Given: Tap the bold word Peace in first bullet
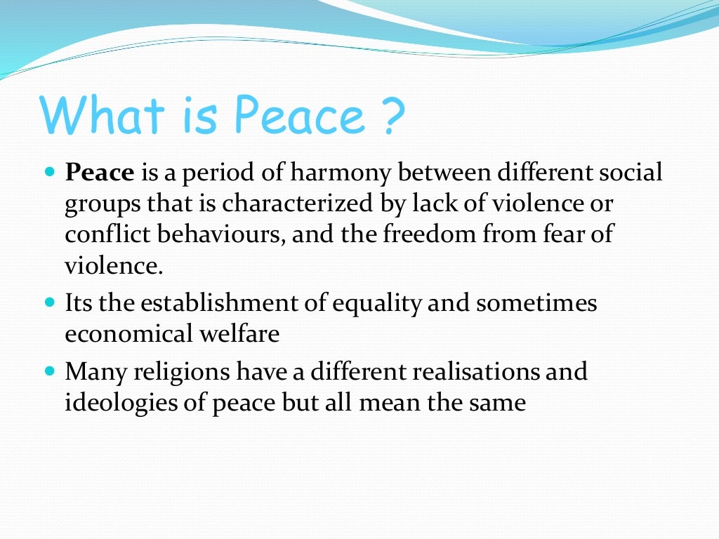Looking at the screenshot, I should (100, 173).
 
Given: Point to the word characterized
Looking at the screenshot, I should (301, 204).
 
